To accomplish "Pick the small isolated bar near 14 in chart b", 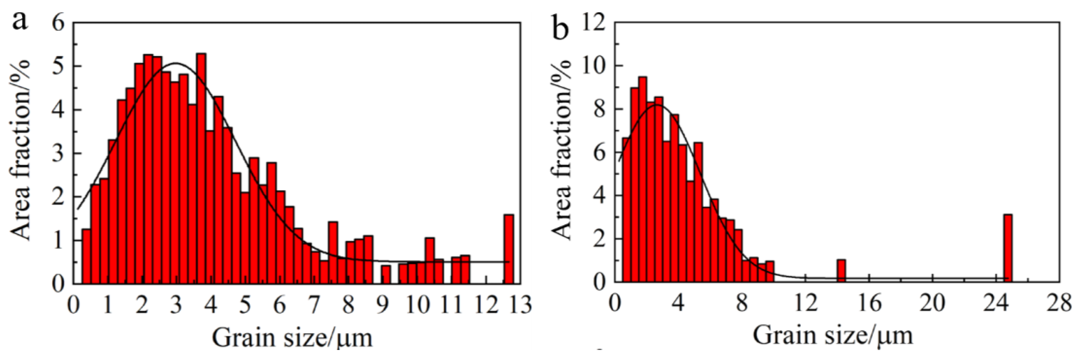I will click(841, 271).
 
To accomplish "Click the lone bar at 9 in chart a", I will click(386, 274).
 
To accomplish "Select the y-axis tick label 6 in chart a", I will click(59, 23).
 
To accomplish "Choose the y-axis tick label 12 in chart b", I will click(594, 23).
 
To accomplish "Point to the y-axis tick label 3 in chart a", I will click(59, 153).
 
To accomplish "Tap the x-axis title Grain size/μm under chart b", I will click(833, 336).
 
